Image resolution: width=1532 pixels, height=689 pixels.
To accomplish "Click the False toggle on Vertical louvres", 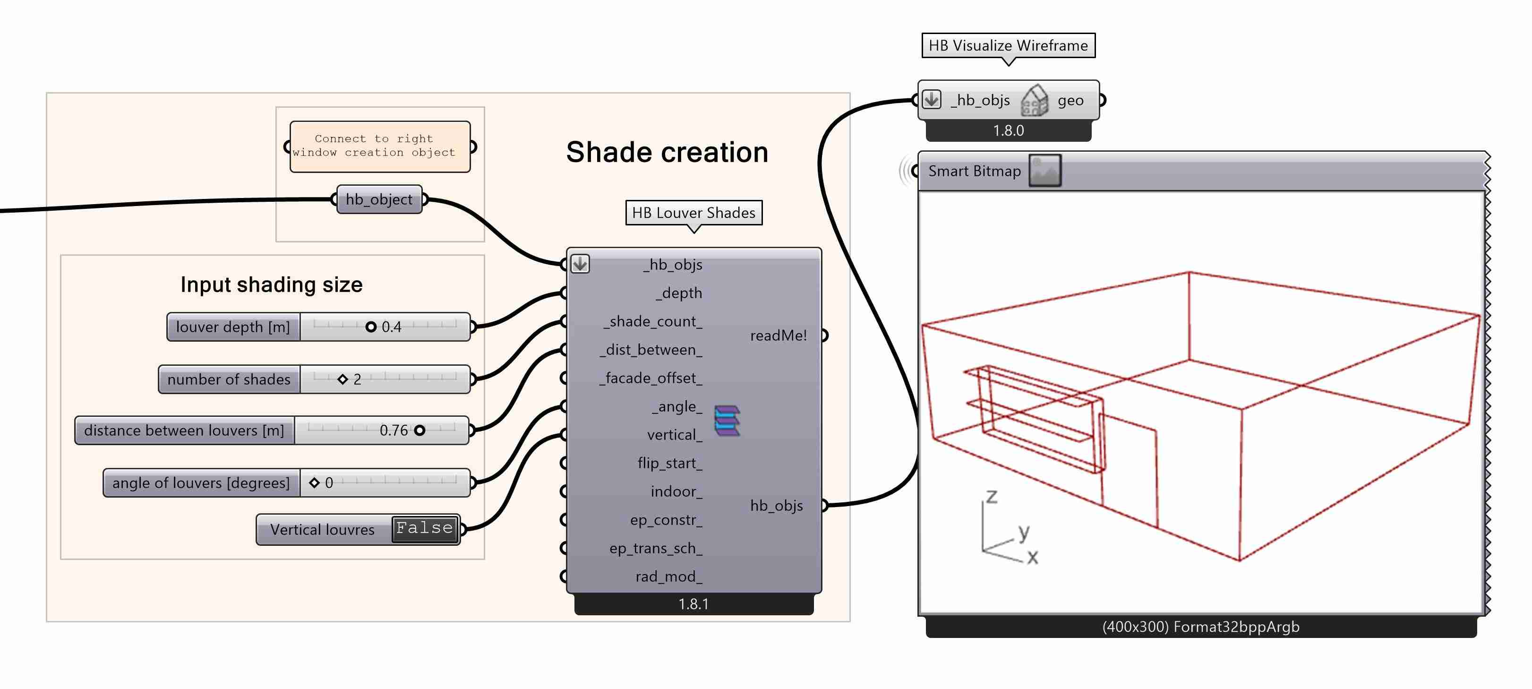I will pyautogui.click(x=425, y=528).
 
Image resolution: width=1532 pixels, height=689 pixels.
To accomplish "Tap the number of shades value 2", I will pyautogui.click(x=357, y=379).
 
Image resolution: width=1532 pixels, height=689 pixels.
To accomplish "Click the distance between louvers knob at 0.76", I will pyautogui.click(x=420, y=430).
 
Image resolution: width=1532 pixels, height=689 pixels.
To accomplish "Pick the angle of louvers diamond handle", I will pyautogui.click(x=315, y=482).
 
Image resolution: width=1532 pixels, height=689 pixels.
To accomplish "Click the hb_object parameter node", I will pyautogui.click(x=379, y=199).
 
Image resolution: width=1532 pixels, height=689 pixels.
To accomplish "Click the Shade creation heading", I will pyautogui.click(x=667, y=152).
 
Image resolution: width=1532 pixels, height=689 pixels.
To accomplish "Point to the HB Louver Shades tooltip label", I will pyautogui.click(x=693, y=213).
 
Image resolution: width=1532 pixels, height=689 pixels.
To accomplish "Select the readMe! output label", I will pyautogui.click(x=778, y=336).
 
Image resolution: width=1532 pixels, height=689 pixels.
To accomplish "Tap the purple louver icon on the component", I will pyautogui.click(x=727, y=420).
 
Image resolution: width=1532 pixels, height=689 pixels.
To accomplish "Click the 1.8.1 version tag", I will pyautogui.click(x=693, y=604).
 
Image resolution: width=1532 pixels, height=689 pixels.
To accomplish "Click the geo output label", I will pyautogui.click(x=1070, y=101).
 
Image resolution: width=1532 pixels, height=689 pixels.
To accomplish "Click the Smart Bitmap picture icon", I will pyautogui.click(x=1045, y=171).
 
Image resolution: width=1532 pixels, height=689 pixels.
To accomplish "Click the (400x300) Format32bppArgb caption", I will pyautogui.click(x=1200, y=627).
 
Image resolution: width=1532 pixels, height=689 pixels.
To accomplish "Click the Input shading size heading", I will pyautogui.click(x=271, y=284).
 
